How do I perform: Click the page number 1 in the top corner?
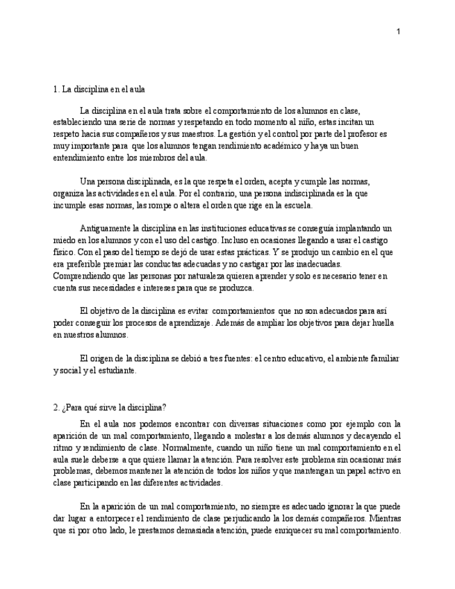[x=399, y=31]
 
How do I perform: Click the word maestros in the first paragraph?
[x=195, y=133]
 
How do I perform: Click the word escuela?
[x=297, y=205]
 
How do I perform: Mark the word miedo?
[x=65, y=240]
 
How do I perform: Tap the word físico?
[x=64, y=253]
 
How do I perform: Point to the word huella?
[x=381, y=323]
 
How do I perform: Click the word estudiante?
[x=114, y=370]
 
